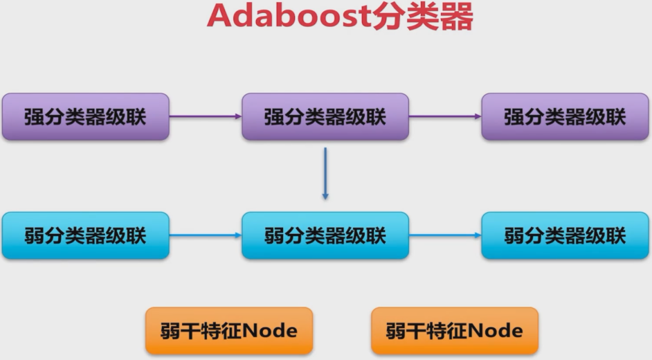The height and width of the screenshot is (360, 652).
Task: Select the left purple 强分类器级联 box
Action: click(x=85, y=116)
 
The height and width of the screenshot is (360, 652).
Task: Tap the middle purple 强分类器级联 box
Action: click(x=325, y=116)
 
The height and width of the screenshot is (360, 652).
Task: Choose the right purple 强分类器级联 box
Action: click(x=565, y=116)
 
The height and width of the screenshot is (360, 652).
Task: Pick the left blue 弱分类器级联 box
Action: click(x=85, y=235)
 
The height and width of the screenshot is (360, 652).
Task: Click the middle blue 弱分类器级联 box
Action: click(x=325, y=235)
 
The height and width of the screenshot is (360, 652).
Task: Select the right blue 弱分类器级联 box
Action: click(x=565, y=235)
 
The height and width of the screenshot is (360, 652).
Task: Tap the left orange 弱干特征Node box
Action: click(x=228, y=331)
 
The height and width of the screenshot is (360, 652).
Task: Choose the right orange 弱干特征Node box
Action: click(x=454, y=331)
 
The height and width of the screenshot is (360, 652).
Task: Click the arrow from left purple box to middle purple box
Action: click(x=205, y=116)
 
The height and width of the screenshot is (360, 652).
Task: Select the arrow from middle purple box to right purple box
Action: click(x=445, y=116)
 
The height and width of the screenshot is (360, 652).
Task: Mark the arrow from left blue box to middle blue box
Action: click(x=205, y=235)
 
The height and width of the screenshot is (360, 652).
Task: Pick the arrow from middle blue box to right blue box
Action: click(x=445, y=235)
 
